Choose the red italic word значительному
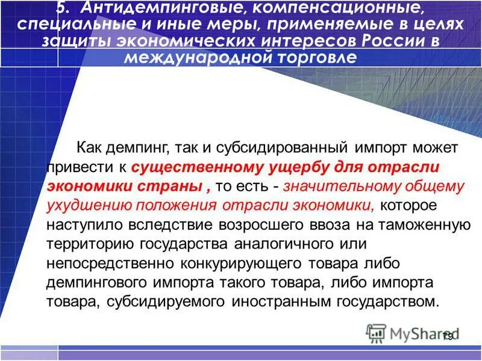[x=346, y=187]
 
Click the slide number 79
[x=448, y=337]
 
